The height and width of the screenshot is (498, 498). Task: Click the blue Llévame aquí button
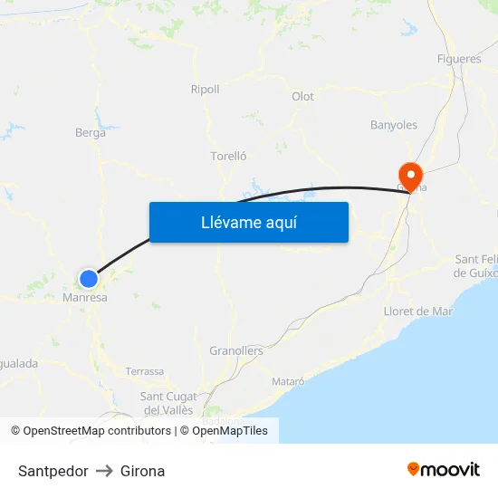248,222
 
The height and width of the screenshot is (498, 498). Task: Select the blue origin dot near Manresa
88,278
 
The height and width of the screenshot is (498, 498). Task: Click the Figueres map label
459,59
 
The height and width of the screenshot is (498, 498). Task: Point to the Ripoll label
205,89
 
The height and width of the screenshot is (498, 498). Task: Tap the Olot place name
302,97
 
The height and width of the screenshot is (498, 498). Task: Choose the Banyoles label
394,125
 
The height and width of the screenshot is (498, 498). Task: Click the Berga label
91,132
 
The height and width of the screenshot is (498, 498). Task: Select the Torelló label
228,156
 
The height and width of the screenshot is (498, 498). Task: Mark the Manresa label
85,297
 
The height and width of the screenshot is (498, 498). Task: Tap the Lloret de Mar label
417,311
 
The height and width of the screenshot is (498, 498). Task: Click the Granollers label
235,350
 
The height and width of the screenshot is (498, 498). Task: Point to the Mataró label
288,381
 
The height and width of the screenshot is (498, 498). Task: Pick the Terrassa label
145,371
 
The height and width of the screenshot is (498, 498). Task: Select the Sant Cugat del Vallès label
169,403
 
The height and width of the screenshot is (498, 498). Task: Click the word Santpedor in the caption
53,471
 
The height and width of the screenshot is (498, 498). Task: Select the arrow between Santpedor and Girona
104,471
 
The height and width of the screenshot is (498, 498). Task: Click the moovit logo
444,469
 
